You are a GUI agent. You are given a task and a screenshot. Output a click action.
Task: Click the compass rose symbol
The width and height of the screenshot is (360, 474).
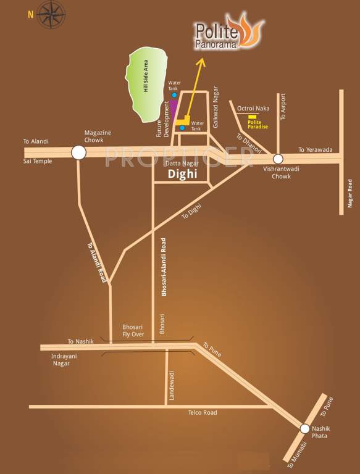51,14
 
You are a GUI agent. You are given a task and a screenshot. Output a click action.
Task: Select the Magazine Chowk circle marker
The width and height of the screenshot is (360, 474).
78,152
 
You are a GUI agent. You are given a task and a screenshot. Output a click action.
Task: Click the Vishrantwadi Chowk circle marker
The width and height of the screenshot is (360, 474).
278,159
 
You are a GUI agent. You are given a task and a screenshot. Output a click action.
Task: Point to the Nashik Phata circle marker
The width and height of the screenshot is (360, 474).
304,428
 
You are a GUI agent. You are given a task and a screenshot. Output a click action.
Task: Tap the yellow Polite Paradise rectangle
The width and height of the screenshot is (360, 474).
252,116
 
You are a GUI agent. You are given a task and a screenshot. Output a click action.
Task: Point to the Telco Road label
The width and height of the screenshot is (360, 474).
203,412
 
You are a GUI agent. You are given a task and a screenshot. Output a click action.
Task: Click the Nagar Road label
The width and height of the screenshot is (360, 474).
350,193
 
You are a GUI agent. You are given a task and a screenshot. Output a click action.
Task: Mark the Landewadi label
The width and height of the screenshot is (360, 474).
173,385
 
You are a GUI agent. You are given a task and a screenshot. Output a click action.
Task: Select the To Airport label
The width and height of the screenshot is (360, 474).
283,107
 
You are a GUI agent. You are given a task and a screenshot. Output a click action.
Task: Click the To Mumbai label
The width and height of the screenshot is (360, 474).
293,451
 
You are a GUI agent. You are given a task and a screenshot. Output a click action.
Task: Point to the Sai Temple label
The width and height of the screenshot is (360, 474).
38,161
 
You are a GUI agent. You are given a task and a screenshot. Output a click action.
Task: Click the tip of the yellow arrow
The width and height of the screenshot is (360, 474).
202,60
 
